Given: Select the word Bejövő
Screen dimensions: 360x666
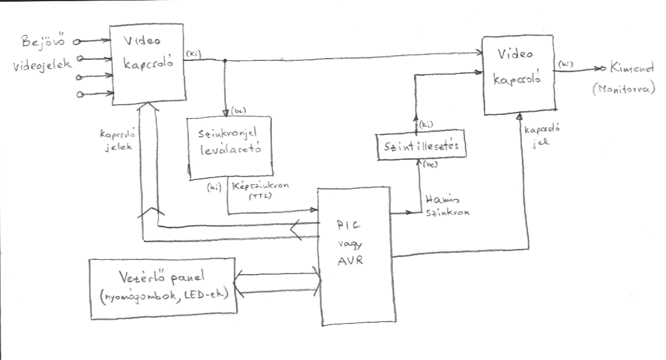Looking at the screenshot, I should click(x=41, y=42).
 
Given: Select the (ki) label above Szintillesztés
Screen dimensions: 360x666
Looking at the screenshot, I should click(x=425, y=126).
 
